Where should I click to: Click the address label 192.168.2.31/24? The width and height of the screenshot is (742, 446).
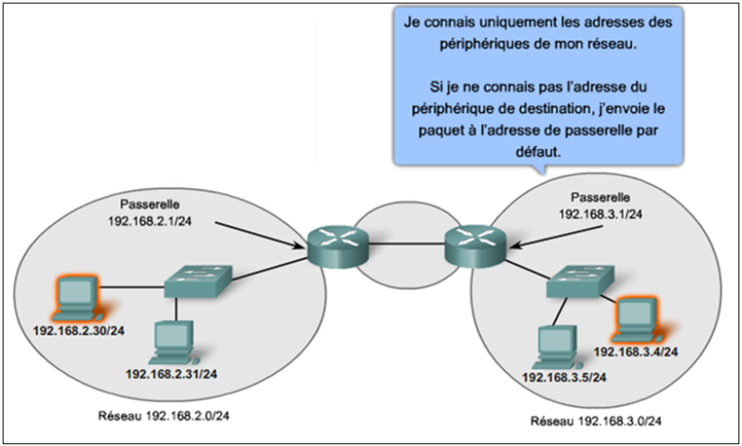(171, 374)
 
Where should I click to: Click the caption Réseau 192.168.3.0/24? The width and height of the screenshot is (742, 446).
(596, 422)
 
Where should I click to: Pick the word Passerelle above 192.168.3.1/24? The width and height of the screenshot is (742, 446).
(602, 196)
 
